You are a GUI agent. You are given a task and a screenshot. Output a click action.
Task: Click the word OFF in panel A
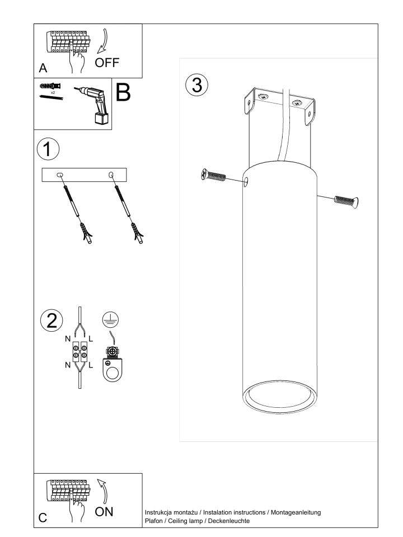point(107,63)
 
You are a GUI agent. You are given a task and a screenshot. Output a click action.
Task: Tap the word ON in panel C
point(104,512)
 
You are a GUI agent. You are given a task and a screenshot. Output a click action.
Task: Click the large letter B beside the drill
point(123,92)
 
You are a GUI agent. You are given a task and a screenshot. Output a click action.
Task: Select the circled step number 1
point(48,149)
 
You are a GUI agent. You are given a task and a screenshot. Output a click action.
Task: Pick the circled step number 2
point(51,321)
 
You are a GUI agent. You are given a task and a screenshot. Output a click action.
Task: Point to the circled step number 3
point(196,84)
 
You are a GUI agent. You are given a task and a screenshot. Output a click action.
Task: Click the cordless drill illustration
point(92,104)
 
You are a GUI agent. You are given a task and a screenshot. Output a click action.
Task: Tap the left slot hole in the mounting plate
point(60,175)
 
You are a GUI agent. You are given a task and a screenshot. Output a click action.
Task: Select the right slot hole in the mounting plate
point(111,175)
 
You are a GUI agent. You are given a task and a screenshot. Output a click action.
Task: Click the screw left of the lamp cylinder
point(213,175)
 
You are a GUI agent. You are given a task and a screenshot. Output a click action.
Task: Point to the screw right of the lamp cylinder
point(346,201)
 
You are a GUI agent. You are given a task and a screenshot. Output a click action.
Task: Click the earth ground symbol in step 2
point(110,320)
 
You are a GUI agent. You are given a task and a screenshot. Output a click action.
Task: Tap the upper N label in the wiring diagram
point(68,339)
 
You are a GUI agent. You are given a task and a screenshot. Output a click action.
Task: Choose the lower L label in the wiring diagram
point(91,365)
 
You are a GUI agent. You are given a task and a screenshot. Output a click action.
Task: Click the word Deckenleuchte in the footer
point(229,521)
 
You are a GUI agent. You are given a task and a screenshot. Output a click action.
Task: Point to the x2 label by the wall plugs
point(53,92)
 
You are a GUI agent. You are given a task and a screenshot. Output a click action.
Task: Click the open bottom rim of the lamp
point(280,398)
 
